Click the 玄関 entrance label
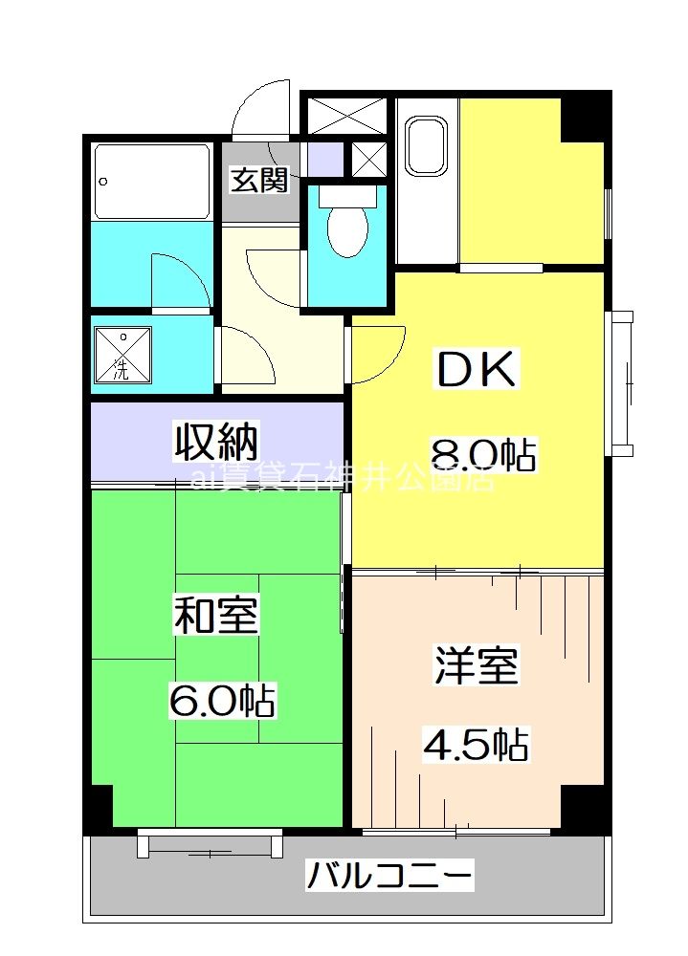coord(258,180)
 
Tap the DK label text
coord(477,371)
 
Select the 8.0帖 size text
coord(483,453)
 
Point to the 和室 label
coord(215,615)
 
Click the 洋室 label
coord(476,665)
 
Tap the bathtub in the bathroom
coord(153,182)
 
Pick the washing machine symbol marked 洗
coord(122,355)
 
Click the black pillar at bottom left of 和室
coord(98,808)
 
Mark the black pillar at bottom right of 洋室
coord(584,808)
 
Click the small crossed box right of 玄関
coord(367,159)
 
